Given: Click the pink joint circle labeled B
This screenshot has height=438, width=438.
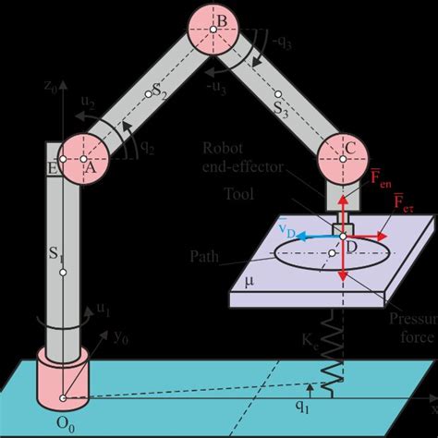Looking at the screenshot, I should [213, 30].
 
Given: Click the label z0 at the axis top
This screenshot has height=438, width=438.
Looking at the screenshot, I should [52, 87].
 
